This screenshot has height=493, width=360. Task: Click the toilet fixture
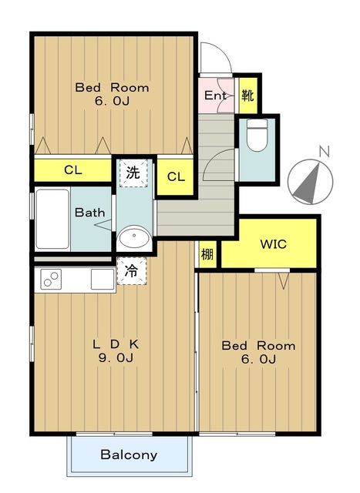(257, 135)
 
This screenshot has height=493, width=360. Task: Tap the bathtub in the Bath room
(52, 219)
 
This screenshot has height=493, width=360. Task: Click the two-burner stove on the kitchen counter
(51, 279)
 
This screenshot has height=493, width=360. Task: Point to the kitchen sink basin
(103, 279)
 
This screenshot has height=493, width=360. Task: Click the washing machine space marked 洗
(133, 173)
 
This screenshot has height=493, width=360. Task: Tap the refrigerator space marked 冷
(132, 271)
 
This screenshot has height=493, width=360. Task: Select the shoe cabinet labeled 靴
(248, 96)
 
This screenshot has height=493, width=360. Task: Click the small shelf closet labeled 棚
(207, 254)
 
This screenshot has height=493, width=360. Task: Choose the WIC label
(274, 244)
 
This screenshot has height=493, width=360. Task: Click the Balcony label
(129, 455)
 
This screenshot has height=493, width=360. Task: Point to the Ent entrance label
(215, 96)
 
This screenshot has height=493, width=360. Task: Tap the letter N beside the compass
(324, 152)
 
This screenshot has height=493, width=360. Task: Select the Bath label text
(89, 213)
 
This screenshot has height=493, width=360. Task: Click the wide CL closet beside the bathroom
(73, 170)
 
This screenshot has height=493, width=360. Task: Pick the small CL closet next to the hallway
(175, 176)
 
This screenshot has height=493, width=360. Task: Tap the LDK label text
(116, 344)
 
